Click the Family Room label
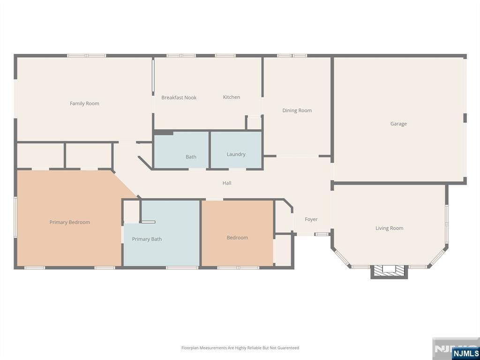[x=84, y=104]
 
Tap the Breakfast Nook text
[x=179, y=97]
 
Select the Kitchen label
[x=232, y=97]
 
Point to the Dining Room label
[x=297, y=111]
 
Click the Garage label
[x=398, y=124]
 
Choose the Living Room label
[x=390, y=228]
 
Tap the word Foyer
[x=311, y=219]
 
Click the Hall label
[x=227, y=183]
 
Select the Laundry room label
[x=236, y=154]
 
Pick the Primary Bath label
[x=147, y=239]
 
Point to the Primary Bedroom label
[x=70, y=222]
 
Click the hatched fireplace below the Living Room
[x=389, y=271]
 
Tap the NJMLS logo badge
[x=465, y=353]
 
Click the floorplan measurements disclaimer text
[x=240, y=348]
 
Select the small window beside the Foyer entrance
[x=322, y=234]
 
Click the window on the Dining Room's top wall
[x=292, y=56]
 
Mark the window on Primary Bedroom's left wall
[x=15, y=217]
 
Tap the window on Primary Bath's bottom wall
[x=182, y=268]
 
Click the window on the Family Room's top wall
[x=87, y=56]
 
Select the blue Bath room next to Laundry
[x=181, y=150]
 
